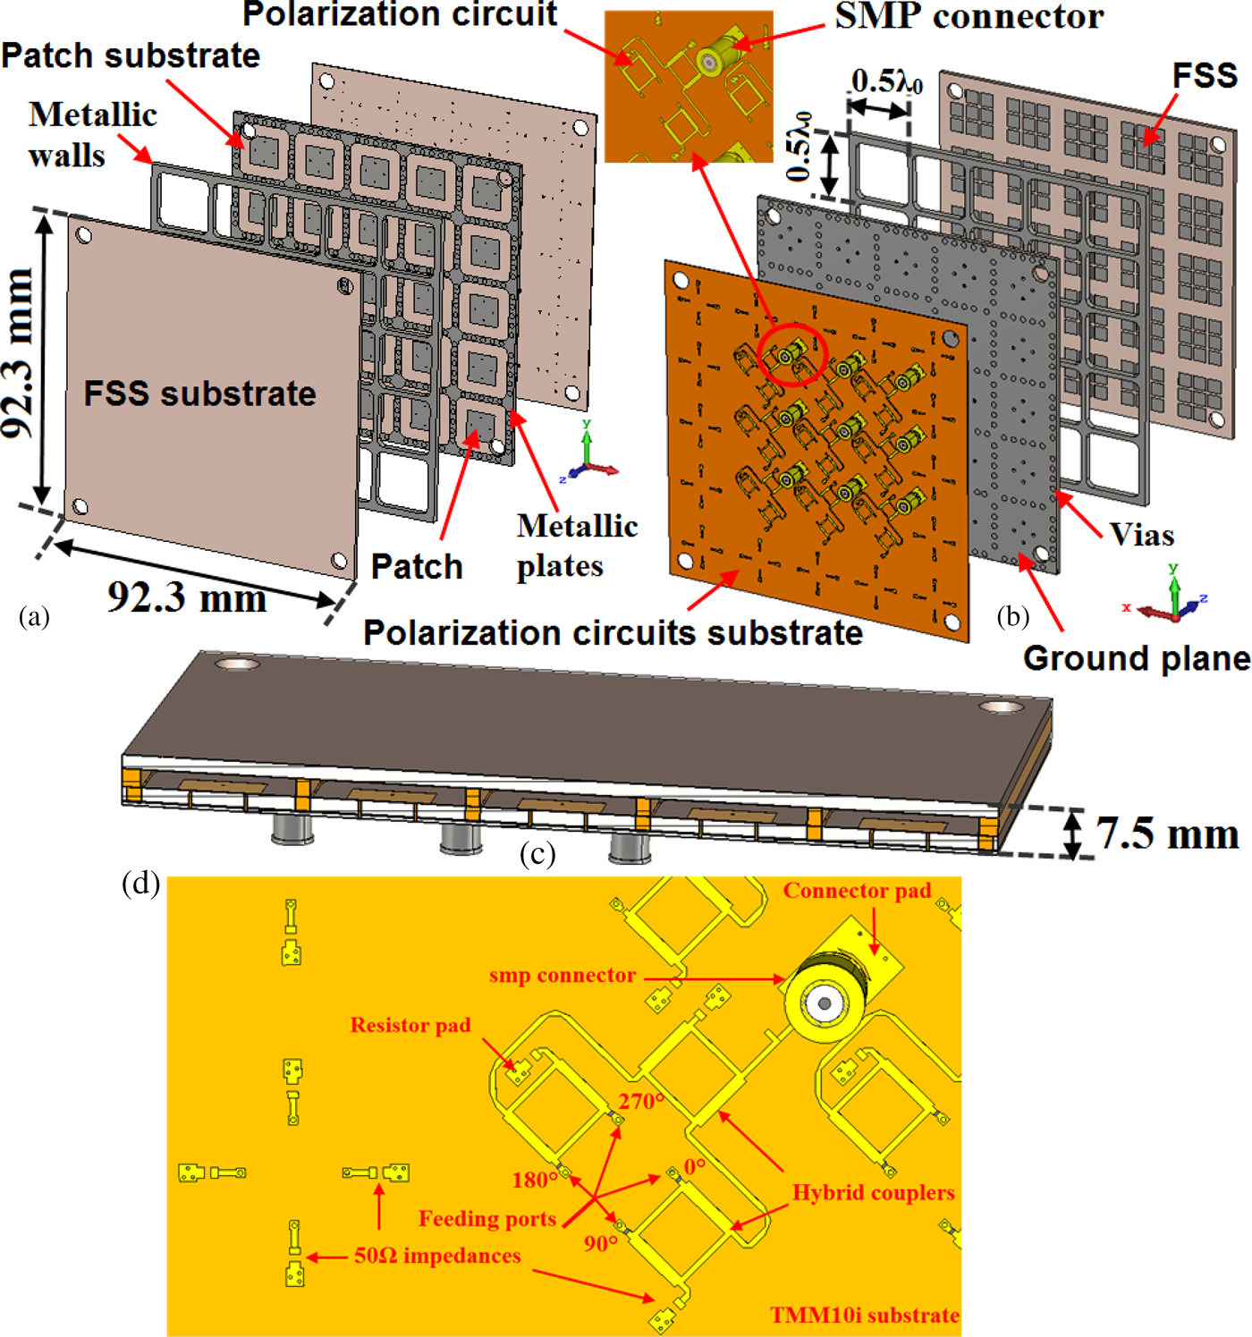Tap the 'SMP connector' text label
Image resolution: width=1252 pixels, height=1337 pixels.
pos(969,16)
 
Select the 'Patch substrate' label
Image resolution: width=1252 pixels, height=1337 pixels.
pos(131,55)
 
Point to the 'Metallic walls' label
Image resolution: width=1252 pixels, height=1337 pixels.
pos(92,134)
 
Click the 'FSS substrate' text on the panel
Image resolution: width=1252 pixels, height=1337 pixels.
pos(199,393)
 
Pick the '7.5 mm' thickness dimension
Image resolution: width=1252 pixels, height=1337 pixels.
pos(1167,834)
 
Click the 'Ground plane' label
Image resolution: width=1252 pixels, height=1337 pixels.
pos(1136,658)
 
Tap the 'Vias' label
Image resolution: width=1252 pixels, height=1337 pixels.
pos(1141,535)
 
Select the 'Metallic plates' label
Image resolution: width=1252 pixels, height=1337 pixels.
pos(577,546)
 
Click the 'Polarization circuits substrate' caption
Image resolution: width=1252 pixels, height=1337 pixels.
pos(613,632)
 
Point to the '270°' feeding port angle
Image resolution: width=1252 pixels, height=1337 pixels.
pos(641,1101)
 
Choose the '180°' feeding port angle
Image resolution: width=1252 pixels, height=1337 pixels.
pos(535,1180)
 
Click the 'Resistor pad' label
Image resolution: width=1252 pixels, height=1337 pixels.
pos(410,1025)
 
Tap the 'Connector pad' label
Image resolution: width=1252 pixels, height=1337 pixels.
pos(857,891)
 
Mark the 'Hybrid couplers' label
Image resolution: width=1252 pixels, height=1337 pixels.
pos(873,1192)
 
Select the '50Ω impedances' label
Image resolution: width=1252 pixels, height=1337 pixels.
pos(437,1256)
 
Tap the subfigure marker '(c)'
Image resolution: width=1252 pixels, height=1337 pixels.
pos(537,855)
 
